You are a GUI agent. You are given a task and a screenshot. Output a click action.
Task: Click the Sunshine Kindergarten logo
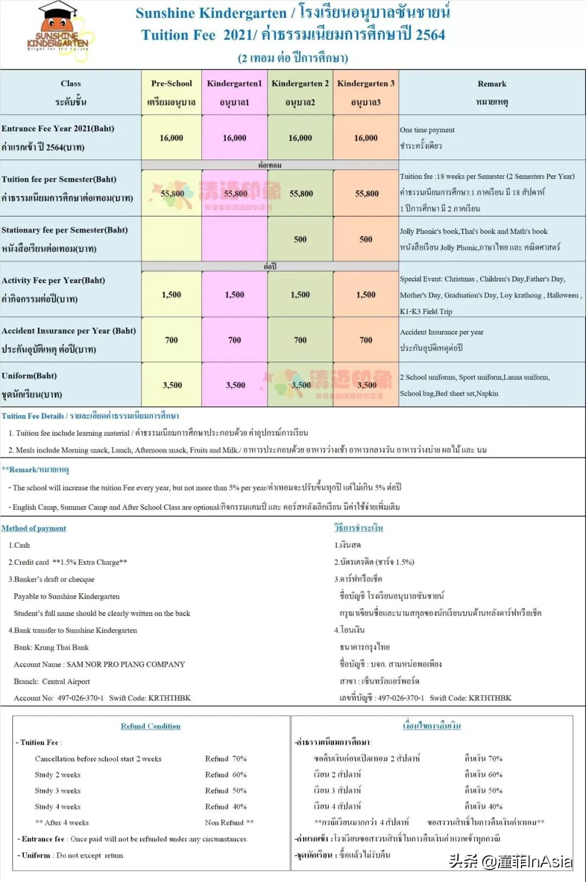(x=58, y=32)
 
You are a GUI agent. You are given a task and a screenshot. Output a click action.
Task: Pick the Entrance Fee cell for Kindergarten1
(x=234, y=138)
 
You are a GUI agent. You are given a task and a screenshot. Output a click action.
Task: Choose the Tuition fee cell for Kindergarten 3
(x=367, y=194)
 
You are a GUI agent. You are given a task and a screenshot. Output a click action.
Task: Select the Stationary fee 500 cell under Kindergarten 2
(x=300, y=239)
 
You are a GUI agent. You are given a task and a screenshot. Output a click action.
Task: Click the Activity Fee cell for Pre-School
(x=171, y=295)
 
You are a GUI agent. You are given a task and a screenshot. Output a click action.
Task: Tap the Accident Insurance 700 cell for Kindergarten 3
(x=366, y=340)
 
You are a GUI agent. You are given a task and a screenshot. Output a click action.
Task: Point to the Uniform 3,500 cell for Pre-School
(x=172, y=385)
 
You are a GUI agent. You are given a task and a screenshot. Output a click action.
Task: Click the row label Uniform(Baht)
(x=29, y=376)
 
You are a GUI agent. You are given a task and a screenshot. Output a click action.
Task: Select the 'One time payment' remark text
(x=427, y=130)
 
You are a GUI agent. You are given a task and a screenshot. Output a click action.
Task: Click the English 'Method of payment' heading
(x=34, y=528)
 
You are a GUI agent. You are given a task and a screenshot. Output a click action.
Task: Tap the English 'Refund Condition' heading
(x=150, y=726)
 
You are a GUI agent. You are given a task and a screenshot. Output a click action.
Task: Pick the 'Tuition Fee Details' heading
(x=33, y=416)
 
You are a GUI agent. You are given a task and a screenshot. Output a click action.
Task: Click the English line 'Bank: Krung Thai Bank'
(x=51, y=648)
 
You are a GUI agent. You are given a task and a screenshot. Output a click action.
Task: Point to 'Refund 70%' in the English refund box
(x=226, y=759)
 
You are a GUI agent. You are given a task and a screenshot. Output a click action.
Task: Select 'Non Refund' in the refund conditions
(x=229, y=823)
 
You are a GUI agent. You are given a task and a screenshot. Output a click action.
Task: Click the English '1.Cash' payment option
(x=19, y=545)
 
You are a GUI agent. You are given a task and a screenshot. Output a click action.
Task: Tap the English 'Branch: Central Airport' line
(x=52, y=682)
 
